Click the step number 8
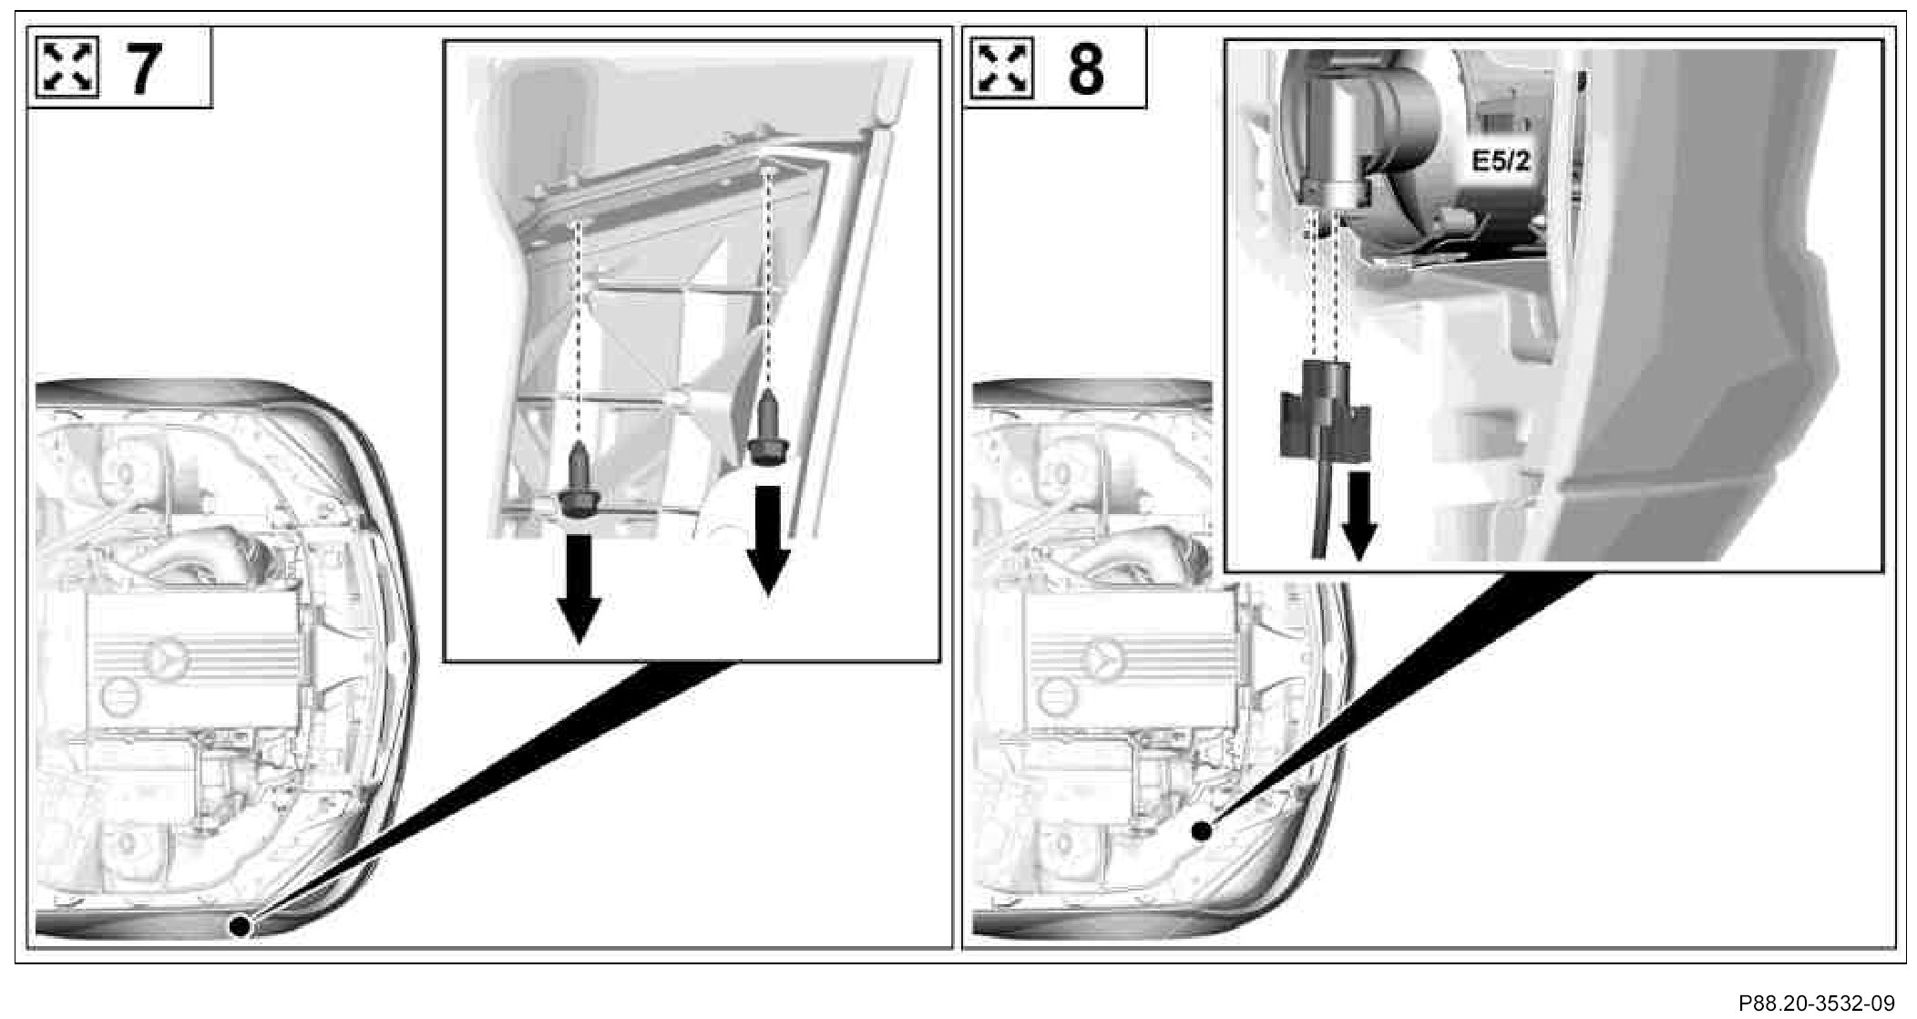(1085, 68)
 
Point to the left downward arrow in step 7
(578, 588)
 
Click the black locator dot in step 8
(1202, 830)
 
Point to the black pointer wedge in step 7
(492, 793)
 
